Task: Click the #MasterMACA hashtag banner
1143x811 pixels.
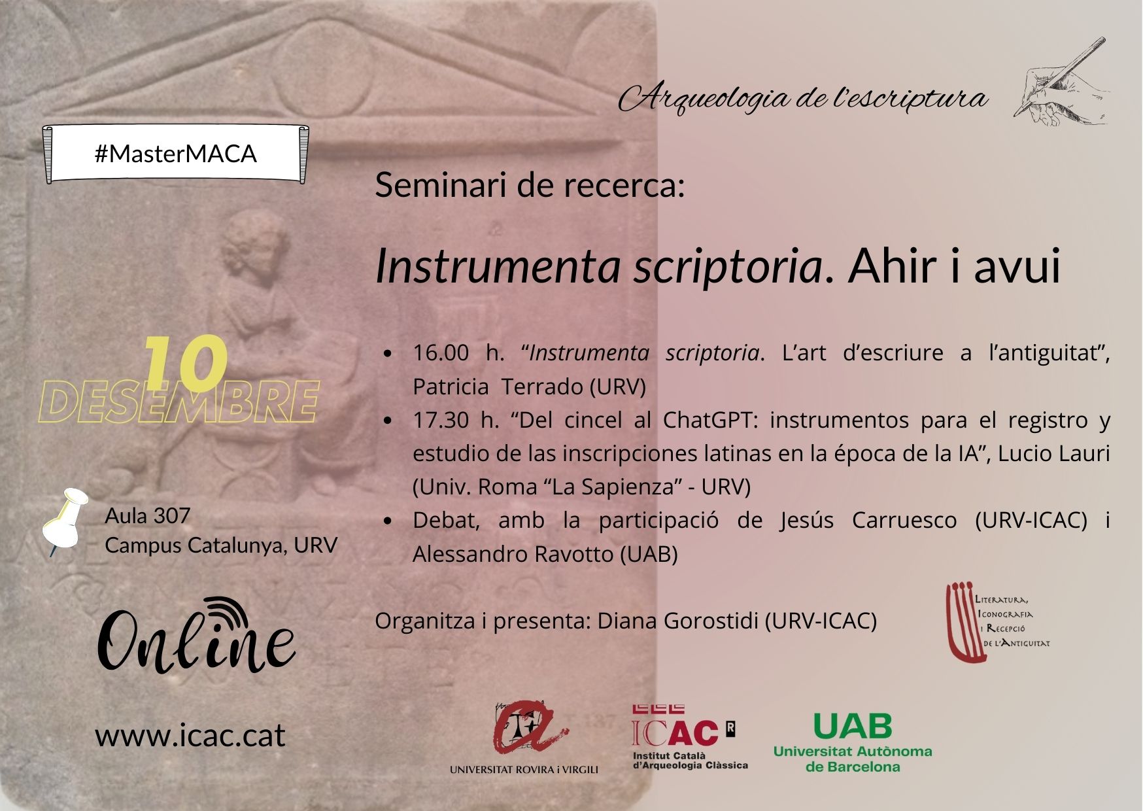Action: tap(175, 154)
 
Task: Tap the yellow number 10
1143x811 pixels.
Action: tap(185, 364)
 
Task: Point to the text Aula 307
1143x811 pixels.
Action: tap(148, 516)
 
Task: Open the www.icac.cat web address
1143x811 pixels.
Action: tap(190, 735)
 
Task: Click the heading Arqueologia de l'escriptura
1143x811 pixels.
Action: tap(803, 99)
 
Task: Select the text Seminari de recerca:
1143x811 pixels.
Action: tap(530, 185)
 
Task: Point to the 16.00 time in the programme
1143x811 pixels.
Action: tap(441, 353)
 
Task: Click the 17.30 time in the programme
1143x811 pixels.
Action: tap(441, 420)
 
